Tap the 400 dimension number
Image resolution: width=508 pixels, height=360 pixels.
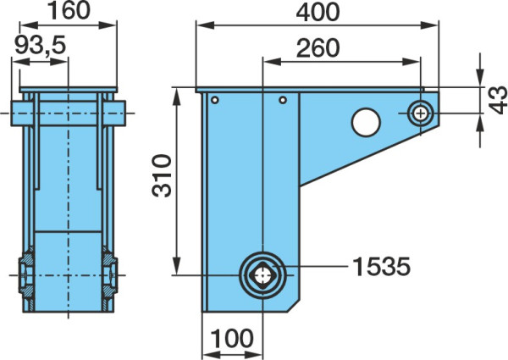coord(317,13)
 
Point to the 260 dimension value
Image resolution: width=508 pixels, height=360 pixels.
coord(317,48)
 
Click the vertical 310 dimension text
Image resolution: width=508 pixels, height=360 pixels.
coord(162,176)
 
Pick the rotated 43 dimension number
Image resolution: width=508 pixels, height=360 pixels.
coord(498,100)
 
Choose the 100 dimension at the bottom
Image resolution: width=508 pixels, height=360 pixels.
coord(232,338)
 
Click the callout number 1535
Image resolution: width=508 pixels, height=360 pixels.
coord(381,267)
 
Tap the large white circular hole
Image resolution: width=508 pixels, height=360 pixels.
coord(366,122)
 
